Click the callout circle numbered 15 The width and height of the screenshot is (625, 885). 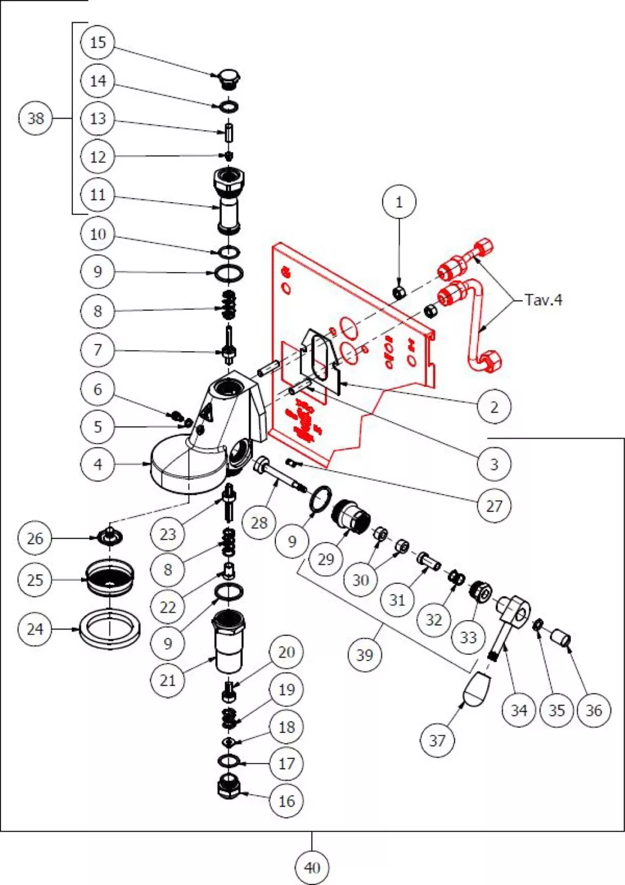tap(97, 43)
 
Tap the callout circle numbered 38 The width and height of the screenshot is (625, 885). tap(35, 118)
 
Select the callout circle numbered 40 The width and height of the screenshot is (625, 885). tap(312, 867)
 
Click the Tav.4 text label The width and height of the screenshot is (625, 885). tap(543, 300)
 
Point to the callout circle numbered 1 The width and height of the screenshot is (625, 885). tap(399, 202)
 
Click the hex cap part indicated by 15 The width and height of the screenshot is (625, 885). tap(229, 78)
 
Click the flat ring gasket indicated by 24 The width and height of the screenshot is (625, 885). tap(110, 628)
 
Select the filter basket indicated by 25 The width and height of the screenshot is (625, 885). tap(110, 578)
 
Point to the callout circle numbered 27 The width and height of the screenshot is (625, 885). tap(493, 505)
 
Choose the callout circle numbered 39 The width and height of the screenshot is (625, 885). tap(364, 655)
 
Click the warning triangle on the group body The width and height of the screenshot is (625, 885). tap(206, 412)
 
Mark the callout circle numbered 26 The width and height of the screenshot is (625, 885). tap(35, 538)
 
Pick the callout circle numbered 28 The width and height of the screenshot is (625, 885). tap(259, 522)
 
